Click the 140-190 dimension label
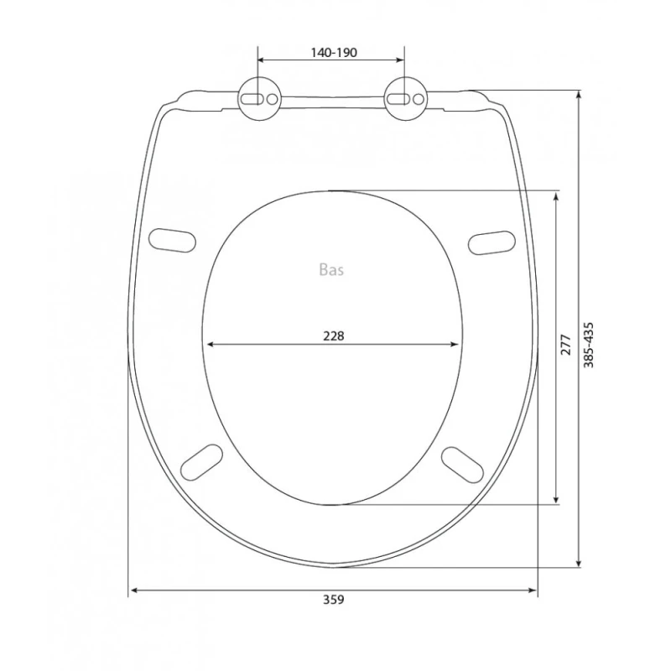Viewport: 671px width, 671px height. (333, 53)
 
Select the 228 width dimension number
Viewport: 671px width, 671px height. (333, 336)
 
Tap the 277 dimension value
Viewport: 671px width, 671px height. (565, 345)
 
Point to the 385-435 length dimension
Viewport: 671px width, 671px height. (589, 345)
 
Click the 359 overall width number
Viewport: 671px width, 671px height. (333, 600)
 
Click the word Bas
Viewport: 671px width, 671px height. (331, 269)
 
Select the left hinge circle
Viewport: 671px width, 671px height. (259, 99)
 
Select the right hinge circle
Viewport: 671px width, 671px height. (405, 99)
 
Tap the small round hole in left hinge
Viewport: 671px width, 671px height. (272, 99)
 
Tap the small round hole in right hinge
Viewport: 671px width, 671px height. (418, 99)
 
